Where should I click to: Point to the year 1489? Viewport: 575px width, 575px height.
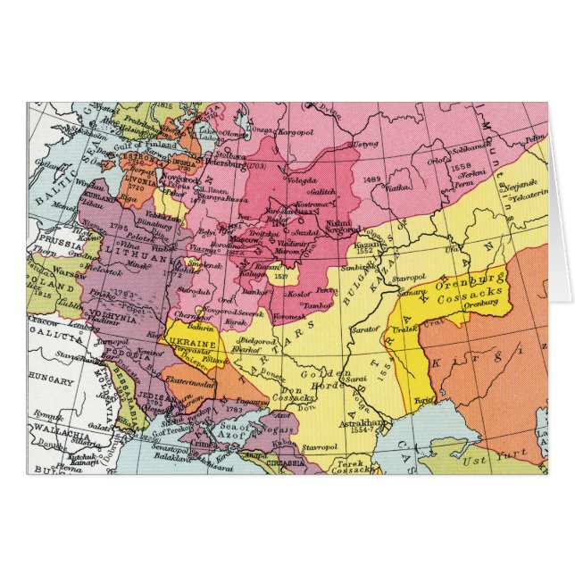pyautogui.click(x=373, y=179)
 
